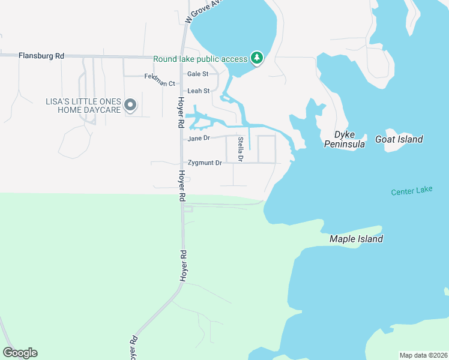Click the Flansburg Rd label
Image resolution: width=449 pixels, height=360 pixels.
click(x=41, y=56)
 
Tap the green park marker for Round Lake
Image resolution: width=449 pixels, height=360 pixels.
click(x=258, y=58)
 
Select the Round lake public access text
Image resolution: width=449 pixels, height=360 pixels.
click(x=200, y=59)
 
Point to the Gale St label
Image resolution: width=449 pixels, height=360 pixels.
click(x=197, y=74)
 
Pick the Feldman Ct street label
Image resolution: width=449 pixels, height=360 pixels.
click(x=160, y=80)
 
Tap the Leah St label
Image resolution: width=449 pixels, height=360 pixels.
click(x=198, y=91)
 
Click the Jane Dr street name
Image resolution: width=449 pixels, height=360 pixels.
click(x=198, y=139)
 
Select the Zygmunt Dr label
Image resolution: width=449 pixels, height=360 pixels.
click(x=205, y=163)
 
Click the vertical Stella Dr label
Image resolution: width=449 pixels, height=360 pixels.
click(x=240, y=148)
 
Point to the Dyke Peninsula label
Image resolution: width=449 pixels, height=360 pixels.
click(x=345, y=139)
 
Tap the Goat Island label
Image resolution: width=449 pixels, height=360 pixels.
click(x=399, y=139)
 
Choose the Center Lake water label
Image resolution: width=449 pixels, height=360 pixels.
click(x=411, y=192)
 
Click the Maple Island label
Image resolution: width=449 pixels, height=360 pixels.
click(x=356, y=239)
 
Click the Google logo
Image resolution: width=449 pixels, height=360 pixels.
click(x=20, y=353)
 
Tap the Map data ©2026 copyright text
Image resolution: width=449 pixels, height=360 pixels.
click(x=423, y=355)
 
